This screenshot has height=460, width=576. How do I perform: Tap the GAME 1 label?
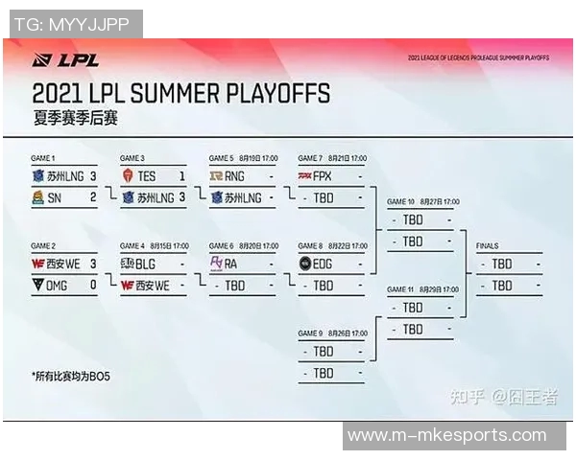[43, 157]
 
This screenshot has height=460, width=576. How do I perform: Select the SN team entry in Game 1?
[54, 196]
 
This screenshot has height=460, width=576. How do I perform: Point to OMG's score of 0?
[92, 285]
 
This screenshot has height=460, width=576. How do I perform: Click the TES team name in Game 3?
[147, 176]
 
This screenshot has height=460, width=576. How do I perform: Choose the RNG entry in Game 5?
[236, 176]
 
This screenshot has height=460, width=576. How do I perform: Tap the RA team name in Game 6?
[231, 264]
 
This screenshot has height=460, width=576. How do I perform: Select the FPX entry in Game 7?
[323, 176]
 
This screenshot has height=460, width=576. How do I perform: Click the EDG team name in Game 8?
[324, 264]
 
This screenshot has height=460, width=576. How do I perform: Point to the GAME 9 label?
[311, 333]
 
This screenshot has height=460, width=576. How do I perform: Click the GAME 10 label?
[401, 202]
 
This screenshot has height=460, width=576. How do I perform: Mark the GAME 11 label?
[401, 289]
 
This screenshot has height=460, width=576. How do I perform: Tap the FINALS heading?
[487, 246]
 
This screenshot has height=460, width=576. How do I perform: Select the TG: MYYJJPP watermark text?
[72, 24]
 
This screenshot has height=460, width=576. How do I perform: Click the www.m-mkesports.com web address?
[446, 436]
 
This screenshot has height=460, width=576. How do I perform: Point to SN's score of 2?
[92, 196]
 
